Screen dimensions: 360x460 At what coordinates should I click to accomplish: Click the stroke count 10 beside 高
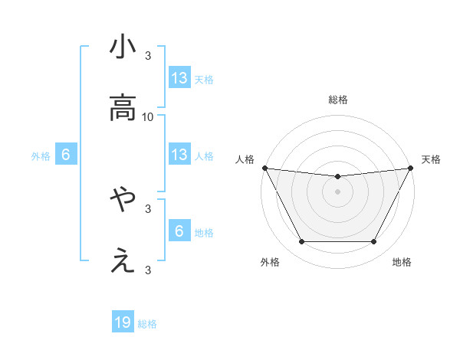[x=148, y=116]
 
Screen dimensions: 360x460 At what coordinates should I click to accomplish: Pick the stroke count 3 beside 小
[x=148, y=55]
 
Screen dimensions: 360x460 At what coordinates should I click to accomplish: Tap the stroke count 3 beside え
[x=148, y=270]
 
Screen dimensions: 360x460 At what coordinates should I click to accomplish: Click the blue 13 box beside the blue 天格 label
[x=179, y=78]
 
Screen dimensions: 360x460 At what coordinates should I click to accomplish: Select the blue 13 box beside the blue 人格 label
[x=179, y=155]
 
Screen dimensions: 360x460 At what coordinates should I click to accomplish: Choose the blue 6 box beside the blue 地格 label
[x=179, y=231]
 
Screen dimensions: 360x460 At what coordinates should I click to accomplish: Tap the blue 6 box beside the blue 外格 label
[x=66, y=155]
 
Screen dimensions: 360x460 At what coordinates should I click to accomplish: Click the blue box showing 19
[x=123, y=323]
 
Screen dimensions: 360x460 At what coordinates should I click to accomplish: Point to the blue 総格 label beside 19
[x=147, y=324]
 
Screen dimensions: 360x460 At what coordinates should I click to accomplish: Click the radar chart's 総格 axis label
[x=338, y=100]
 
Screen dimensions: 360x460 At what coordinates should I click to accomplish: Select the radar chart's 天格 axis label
[x=431, y=159]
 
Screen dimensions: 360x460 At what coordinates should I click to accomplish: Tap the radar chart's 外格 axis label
[x=270, y=263]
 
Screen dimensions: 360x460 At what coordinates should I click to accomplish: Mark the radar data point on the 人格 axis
[x=264, y=168]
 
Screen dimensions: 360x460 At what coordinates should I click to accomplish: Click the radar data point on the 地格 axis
[x=374, y=242]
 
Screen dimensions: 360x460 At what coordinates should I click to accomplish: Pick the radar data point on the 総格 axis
[x=338, y=177]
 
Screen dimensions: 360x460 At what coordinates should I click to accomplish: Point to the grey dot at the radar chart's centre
[x=338, y=191]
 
